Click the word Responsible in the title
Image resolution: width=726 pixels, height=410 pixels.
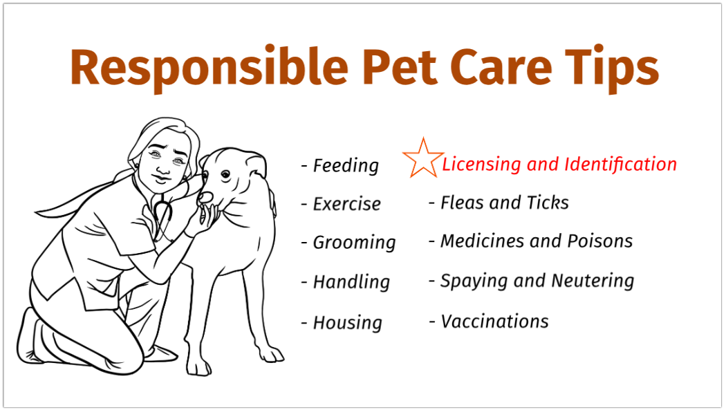[x=209, y=68]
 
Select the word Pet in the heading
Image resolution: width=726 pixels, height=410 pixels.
[x=400, y=66]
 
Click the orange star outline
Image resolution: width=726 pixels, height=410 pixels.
[x=422, y=159]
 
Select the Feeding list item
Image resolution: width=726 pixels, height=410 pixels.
[x=340, y=166]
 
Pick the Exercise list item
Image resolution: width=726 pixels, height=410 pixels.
[x=341, y=203]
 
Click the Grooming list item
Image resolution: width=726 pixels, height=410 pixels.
[x=348, y=243]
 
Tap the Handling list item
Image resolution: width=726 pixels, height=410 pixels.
[x=346, y=282]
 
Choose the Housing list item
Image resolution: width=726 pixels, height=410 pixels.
[x=342, y=323]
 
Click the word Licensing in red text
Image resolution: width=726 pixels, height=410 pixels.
[x=481, y=165]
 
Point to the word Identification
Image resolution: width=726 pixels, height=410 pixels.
[x=620, y=164]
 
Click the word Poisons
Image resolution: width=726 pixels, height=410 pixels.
[x=600, y=241]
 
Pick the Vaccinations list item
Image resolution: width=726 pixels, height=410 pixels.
[x=489, y=322]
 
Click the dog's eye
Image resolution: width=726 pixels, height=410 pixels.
[x=225, y=174]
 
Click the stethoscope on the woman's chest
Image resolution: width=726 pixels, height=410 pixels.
[x=162, y=214]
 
